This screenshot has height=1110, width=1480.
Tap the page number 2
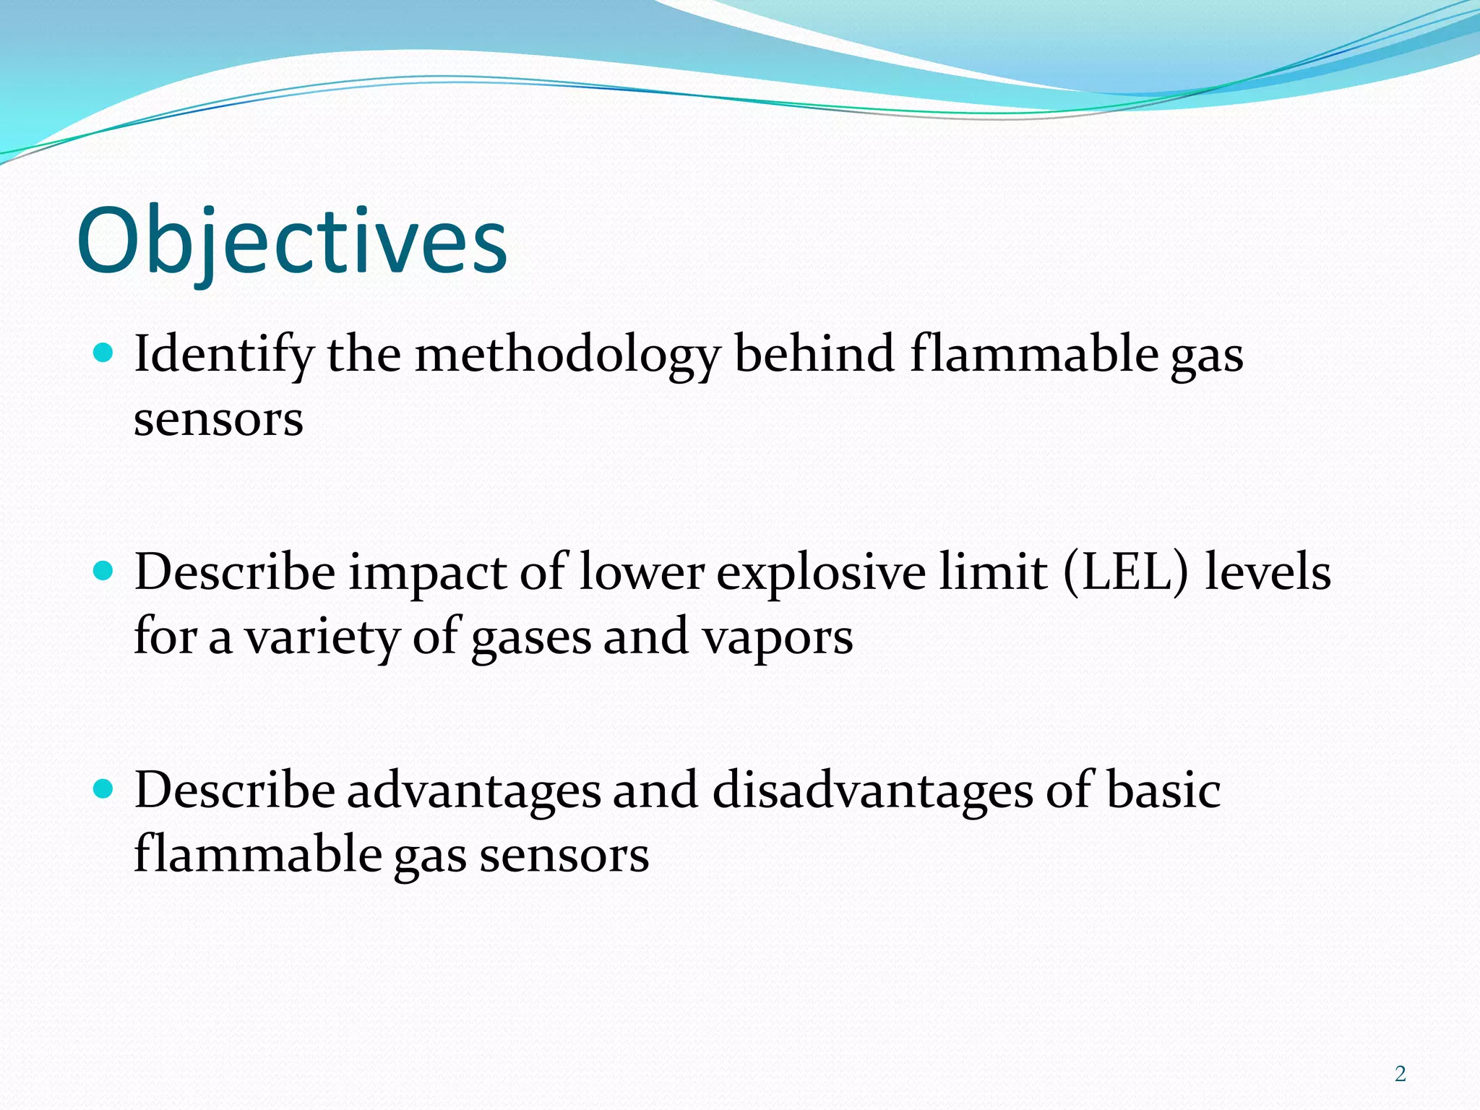1400,1074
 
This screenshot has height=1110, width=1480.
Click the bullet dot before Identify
104,353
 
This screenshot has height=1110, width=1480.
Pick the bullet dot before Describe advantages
104,789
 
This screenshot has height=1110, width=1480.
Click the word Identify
224,356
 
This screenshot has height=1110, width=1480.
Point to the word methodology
567,356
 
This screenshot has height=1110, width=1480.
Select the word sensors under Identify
218,420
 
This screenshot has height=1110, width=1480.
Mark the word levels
1268,572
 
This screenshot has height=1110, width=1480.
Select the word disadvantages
873,790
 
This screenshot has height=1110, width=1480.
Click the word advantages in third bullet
474,791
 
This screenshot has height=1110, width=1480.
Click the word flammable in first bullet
1033,354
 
